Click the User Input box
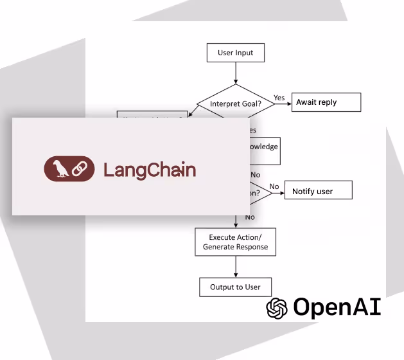point(235,53)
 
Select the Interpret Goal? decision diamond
point(235,103)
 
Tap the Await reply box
point(326,102)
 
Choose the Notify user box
point(318,191)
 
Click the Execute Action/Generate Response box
point(235,242)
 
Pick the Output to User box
point(235,287)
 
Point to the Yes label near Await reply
point(279,98)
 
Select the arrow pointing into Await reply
point(283,103)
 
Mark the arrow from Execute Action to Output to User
point(235,266)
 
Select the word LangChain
point(150,170)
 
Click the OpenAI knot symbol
point(277,308)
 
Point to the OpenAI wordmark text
point(337,307)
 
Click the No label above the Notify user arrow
point(274,186)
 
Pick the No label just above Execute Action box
point(250,217)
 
